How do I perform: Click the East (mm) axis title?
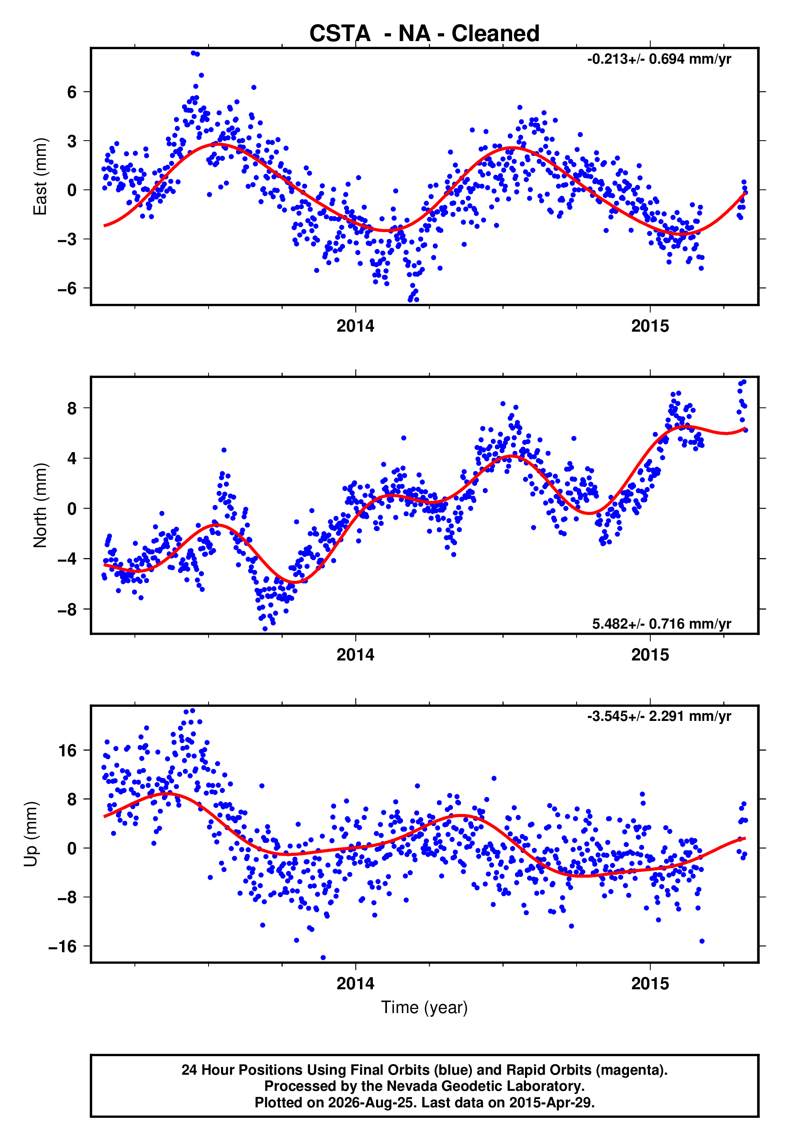pos(40,176)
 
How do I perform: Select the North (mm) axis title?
pos(40,505)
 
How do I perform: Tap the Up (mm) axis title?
pos(31,834)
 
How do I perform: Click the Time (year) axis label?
pos(424,1007)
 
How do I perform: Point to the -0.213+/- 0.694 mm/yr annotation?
pos(659,59)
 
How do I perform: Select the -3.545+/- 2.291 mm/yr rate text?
pos(659,716)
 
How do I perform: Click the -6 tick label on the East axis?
pos(67,288)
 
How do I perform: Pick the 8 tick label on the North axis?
pos(72,408)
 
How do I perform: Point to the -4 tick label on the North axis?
pos(67,559)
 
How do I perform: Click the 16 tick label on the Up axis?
pos(68,751)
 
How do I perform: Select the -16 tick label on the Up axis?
pos(63,947)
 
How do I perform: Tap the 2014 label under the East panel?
pos(356,326)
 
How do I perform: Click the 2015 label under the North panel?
pos(650,655)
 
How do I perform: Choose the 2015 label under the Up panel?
pos(650,984)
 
